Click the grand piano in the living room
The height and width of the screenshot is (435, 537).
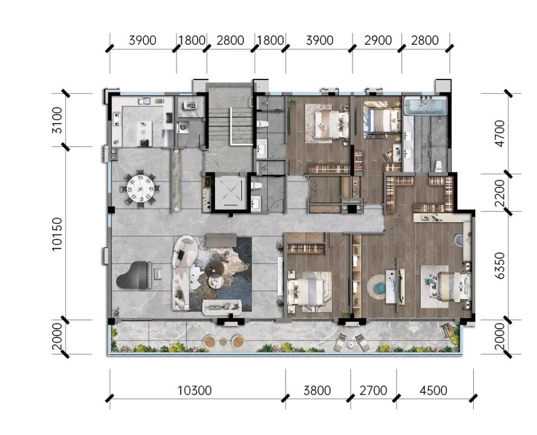(134, 275)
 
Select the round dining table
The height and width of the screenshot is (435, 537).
(141, 188)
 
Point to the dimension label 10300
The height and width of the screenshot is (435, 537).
(194, 390)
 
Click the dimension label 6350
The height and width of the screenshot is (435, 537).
(501, 265)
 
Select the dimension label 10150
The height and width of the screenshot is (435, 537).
(57, 233)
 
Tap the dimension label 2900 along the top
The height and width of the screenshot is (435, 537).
(378, 40)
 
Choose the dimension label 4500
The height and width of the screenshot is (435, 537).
(433, 390)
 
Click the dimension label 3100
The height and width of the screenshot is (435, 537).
(57, 120)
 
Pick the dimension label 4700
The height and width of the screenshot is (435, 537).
(501, 134)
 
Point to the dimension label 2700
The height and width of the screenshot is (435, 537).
(373, 390)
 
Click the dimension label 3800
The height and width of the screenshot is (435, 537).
(317, 390)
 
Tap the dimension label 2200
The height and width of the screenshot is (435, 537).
(501, 193)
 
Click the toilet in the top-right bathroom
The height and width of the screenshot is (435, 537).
(438, 166)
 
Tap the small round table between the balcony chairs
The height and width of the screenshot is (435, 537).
(223, 342)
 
